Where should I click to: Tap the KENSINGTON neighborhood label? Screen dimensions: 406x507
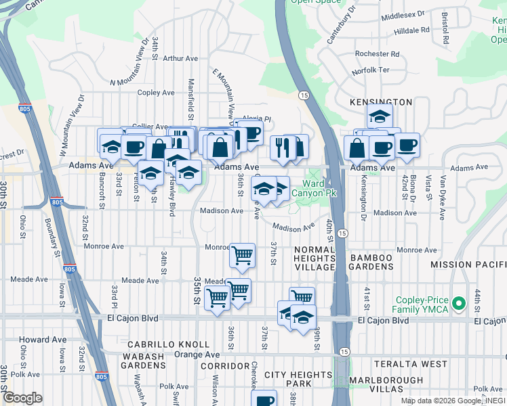coord(380,101)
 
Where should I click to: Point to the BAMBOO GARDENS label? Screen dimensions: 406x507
coord(371,262)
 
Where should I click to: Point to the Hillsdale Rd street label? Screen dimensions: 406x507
coord(407,30)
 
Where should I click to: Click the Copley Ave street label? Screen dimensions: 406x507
coord(156,93)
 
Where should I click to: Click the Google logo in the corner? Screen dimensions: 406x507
coord(22,398)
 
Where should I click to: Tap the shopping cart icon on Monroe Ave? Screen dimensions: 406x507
coord(242,256)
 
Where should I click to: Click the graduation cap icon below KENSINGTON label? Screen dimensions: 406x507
coord(380,116)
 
